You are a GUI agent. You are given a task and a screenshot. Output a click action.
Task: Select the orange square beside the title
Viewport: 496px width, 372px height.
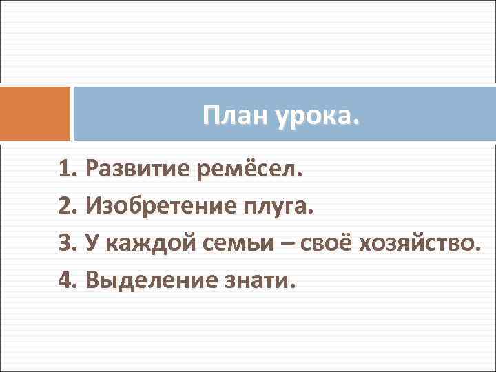(35, 114)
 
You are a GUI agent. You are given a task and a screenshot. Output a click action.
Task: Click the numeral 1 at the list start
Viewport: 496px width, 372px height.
(66, 167)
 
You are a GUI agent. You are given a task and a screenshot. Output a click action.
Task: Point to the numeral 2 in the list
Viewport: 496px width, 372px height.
(66, 205)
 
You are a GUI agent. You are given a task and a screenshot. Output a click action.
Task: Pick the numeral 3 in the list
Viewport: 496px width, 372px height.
(66, 242)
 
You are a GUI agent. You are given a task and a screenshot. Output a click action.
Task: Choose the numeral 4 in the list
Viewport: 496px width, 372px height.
(66, 280)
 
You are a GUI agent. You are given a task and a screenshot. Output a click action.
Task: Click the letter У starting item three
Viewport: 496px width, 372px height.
(91, 242)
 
